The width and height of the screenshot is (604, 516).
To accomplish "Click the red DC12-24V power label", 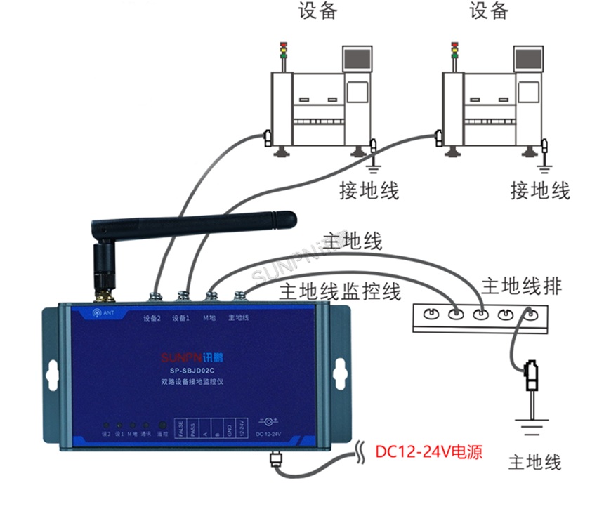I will coord(429,451).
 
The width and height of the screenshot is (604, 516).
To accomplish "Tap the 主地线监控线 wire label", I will coord(340,291).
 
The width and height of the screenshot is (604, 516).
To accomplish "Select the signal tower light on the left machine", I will coord(283,51).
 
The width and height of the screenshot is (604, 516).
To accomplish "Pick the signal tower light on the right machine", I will coord(454,51).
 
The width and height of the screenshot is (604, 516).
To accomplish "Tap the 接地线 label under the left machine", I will coord(369,190).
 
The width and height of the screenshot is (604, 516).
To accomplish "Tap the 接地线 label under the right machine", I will coord(540,190).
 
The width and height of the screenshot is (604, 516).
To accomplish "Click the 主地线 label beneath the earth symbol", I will coord(535,462).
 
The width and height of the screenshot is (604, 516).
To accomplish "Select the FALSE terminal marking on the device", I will coord(181,428).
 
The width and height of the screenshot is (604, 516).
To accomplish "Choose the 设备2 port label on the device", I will coord(152,318).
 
